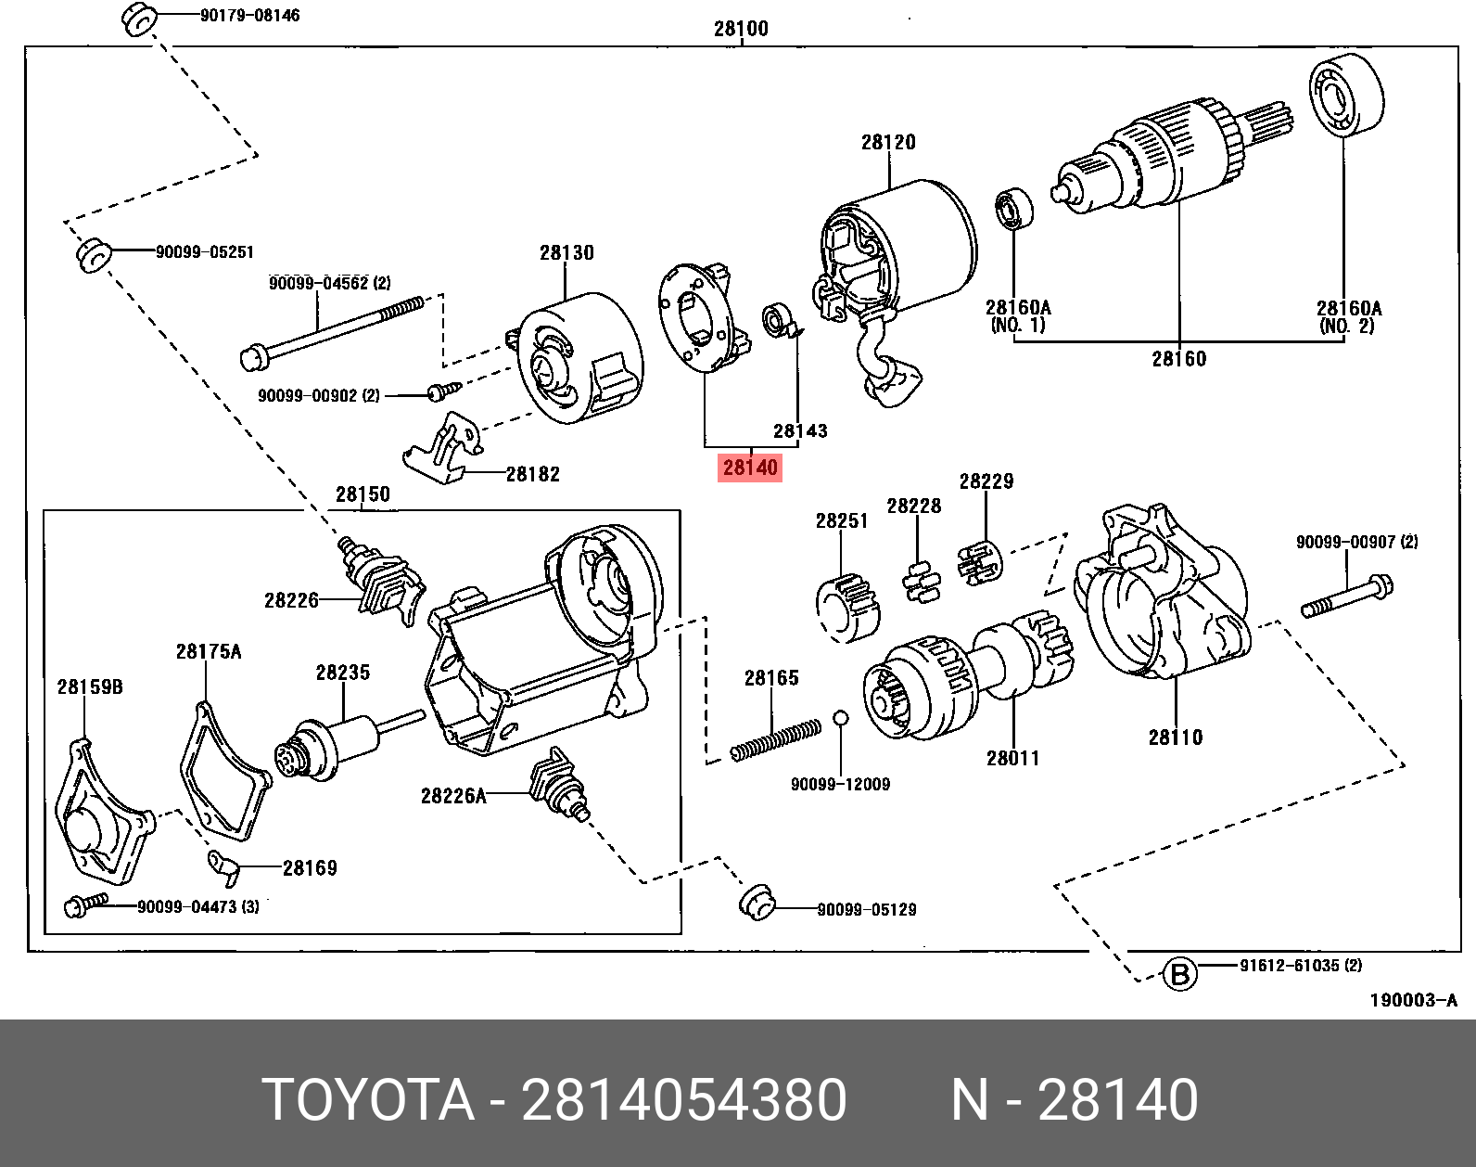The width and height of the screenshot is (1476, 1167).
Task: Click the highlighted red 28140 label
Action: (749, 468)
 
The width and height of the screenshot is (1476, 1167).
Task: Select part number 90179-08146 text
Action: (249, 16)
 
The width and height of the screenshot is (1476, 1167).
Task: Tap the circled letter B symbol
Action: (1179, 975)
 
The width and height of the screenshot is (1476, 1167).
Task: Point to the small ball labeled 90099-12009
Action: (839, 718)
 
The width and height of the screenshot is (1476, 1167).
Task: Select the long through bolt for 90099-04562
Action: (334, 329)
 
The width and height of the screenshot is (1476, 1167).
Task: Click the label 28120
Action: (887, 142)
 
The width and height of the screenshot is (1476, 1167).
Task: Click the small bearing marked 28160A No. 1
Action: (1014, 209)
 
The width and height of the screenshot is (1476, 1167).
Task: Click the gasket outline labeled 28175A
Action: (223, 775)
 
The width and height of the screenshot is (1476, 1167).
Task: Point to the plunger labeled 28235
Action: (343, 741)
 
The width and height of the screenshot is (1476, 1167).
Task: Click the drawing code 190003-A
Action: (1413, 1000)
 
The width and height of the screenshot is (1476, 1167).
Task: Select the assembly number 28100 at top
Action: (740, 29)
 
